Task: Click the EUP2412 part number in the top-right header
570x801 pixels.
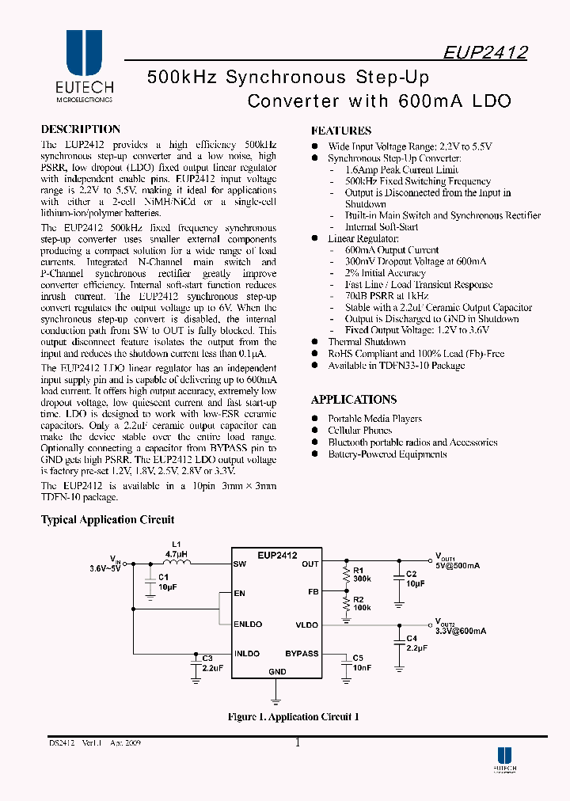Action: (x=484, y=52)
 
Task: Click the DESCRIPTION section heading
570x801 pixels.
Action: (x=81, y=129)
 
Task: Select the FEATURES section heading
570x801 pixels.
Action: (x=341, y=131)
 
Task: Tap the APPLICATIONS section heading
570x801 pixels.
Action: (x=354, y=400)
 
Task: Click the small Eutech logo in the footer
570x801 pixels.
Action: (x=504, y=761)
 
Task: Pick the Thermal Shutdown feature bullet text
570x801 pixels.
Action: (x=367, y=342)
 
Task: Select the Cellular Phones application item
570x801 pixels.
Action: (x=360, y=431)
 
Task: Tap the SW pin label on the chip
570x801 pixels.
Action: (x=240, y=564)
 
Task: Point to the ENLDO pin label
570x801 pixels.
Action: (x=248, y=624)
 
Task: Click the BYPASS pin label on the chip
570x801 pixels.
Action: (x=302, y=654)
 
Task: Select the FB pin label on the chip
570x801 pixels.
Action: (x=313, y=592)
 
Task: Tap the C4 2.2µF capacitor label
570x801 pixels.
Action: (x=416, y=643)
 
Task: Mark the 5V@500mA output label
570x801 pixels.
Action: (x=457, y=566)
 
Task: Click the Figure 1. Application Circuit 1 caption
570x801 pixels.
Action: (x=293, y=717)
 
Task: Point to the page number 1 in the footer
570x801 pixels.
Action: (x=297, y=742)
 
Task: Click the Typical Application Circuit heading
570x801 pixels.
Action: (x=108, y=520)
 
